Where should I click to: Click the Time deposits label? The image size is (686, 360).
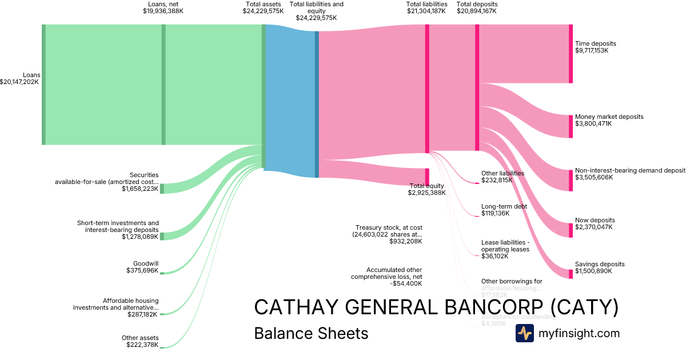pos(595,43)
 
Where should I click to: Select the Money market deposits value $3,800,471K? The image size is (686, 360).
pos(593,123)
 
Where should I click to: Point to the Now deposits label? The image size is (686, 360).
pos(595,220)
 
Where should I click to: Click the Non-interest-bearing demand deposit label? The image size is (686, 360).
pos(629,170)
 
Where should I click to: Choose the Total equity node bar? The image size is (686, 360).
pos(427,177)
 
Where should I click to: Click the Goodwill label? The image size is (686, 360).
pos(146,263)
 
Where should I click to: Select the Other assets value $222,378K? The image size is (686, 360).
pos(142,345)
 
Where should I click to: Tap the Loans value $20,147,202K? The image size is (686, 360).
pos(19,82)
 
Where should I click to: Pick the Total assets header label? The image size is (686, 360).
pos(263,4)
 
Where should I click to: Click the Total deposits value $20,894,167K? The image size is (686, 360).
pos(477,11)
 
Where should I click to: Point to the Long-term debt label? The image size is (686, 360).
pos(504,207)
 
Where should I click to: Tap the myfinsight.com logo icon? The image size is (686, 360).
pos(524,333)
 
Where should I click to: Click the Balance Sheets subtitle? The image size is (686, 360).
pos(311,333)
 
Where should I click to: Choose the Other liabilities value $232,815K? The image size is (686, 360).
pos(497,180)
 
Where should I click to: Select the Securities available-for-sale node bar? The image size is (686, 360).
pos(162,189)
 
